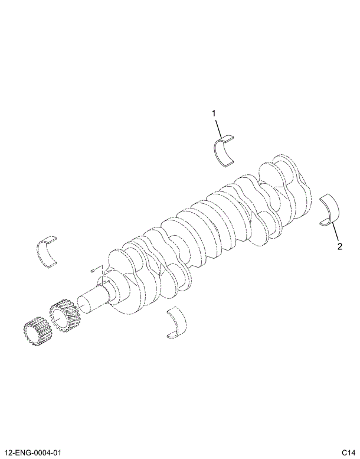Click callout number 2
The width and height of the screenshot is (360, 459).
coord(339,246)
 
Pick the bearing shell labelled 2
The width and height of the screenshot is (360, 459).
coord(330,210)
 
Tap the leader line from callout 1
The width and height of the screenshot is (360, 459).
coord(219,127)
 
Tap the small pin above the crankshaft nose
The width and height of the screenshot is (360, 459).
coord(93,270)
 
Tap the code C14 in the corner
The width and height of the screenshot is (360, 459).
coord(347,453)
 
